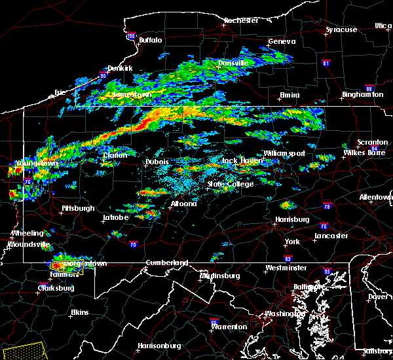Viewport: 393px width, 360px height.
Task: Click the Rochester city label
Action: point(240,20)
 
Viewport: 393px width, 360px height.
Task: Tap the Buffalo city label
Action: point(150,41)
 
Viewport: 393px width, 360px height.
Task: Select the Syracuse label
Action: point(341,29)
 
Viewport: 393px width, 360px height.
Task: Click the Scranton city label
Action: point(371,142)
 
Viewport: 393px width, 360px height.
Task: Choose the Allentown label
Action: point(377,196)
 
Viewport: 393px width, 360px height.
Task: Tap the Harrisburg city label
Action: point(292,219)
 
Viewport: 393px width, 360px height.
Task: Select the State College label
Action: point(231,184)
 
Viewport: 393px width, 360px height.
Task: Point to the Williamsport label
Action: point(284,153)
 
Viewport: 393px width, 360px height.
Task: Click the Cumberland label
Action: point(166,262)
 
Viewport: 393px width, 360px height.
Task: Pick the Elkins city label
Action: point(80,312)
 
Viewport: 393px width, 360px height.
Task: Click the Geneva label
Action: point(282,41)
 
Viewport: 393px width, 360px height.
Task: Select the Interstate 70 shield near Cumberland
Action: point(134,245)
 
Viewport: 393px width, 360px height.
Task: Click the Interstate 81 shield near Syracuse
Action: point(326,63)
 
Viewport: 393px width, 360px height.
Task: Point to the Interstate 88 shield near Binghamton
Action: point(369,89)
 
